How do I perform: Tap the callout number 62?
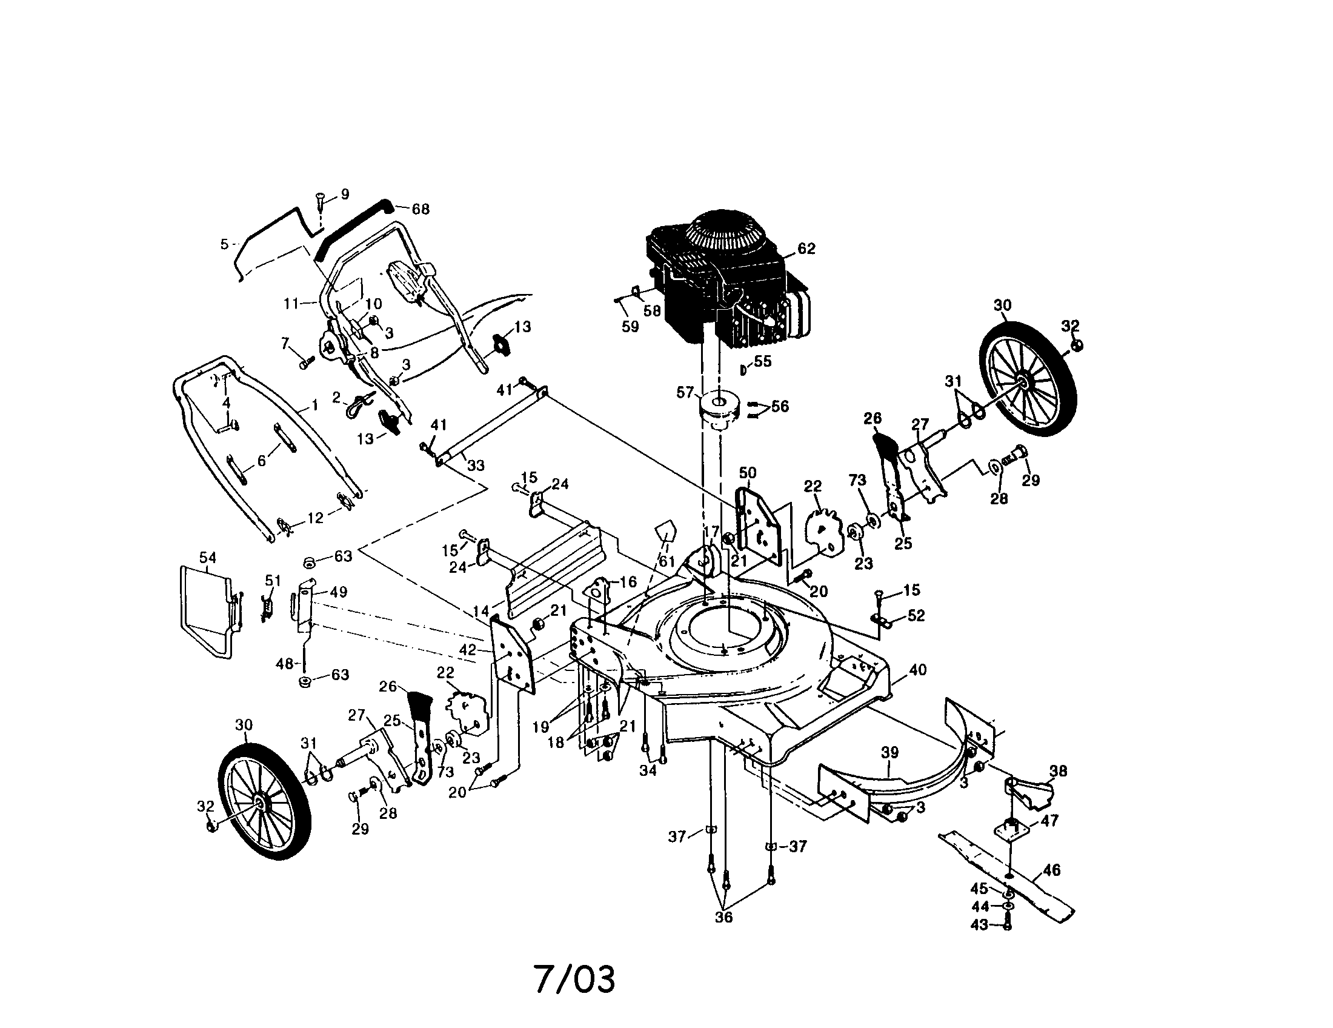point(806,249)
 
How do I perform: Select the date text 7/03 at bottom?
point(575,979)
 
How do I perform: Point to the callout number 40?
point(917,670)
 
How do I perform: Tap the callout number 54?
point(207,558)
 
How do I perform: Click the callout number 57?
point(685,393)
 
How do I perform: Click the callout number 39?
point(890,753)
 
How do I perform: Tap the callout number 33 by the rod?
point(476,465)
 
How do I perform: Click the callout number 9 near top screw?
point(345,195)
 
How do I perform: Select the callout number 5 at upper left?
point(224,244)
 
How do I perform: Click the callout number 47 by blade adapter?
point(1049,821)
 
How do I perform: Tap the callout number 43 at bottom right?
point(979,926)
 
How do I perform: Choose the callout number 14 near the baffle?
point(480,610)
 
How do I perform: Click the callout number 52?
point(916,615)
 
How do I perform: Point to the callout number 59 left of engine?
point(630,327)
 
